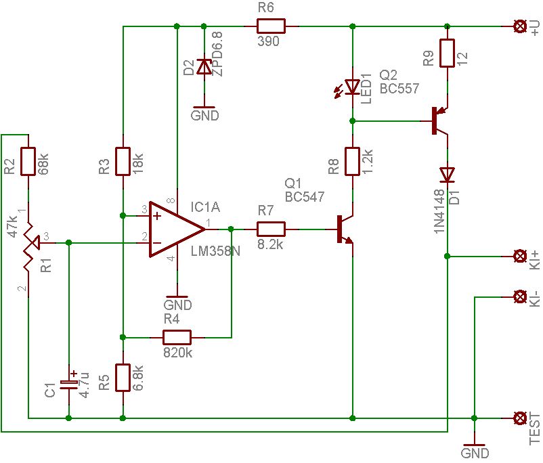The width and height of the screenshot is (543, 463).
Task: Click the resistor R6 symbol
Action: pos(271,26)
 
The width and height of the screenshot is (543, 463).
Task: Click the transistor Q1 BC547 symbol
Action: pos(345,229)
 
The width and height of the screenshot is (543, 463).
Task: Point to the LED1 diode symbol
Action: pos(352,87)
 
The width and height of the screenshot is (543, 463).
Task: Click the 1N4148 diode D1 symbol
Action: pos(447,175)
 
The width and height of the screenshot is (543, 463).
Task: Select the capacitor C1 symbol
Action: pos(69,382)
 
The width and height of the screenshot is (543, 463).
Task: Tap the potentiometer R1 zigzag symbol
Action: pos(28,242)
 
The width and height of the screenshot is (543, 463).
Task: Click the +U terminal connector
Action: pos(521,26)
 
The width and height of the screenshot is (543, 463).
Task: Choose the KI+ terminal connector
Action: pos(521,256)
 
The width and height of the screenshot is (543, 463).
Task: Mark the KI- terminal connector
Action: pos(521,296)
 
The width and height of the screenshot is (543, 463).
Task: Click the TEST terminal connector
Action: pos(521,418)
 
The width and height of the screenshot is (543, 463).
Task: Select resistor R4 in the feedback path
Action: pos(177,337)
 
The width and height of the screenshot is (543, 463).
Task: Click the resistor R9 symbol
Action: pos(447,53)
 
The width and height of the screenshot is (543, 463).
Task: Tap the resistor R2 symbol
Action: pos(28,161)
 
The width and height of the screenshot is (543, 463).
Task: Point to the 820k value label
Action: pos(177,352)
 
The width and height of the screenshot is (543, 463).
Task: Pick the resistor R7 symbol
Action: pos(271,229)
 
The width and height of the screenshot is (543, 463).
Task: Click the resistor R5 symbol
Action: pos(123,378)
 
